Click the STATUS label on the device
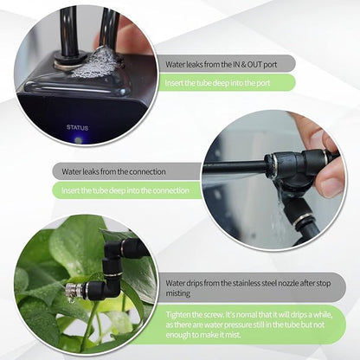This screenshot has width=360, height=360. pos(77,127)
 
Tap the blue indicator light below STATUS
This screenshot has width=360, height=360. pos(79,138)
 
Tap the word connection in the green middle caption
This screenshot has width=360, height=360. pos(170,190)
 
